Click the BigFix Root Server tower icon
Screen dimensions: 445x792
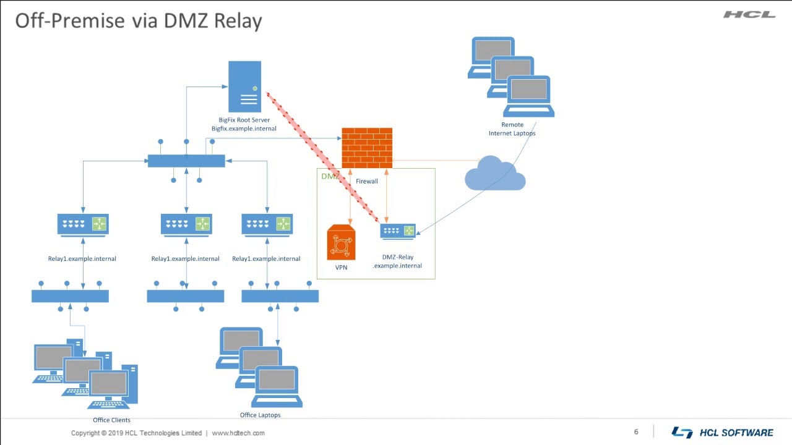tap(244, 86)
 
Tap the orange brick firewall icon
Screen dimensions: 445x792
tap(367, 148)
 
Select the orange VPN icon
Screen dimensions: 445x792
tap(341, 242)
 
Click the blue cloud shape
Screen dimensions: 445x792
tap(494, 174)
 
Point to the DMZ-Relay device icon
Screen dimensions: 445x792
tap(398, 232)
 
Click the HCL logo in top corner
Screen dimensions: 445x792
tap(749, 14)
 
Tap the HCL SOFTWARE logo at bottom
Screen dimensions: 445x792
tap(722, 433)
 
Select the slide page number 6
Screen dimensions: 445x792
tap(636, 432)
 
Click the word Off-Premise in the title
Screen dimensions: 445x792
tap(69, 20)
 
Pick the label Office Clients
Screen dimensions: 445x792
tap(111, 420)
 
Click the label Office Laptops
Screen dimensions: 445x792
tap(260, 415)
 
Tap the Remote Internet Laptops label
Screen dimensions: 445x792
tap(512, 129)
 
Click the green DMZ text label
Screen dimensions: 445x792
tap(329, 177)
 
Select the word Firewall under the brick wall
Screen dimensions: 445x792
tap(366, 182)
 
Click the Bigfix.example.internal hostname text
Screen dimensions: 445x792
tap(244, 129)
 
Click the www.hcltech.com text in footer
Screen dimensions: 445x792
tap(238, 433)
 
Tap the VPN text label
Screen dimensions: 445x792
tap(341, 268)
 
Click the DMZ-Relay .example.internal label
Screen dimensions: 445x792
tap(397, 261)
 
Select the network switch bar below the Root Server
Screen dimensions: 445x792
tap(186, 161)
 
